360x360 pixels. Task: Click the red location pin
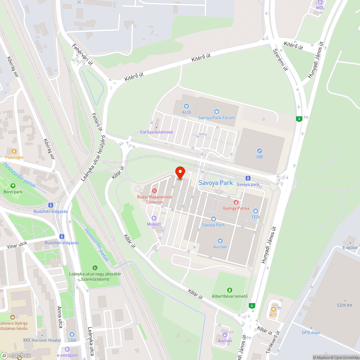tap(180, 172)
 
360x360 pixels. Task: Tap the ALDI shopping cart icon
tap(186, 106)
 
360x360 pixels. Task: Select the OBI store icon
tap(259, 151)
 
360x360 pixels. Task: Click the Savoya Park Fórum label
tap(216, 118)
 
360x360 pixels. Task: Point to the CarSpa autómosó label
tap(157, 132)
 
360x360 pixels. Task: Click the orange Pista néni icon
tap(14, 151)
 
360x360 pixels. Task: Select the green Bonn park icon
tap(13, 186)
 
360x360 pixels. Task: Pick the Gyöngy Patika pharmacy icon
tap(236, 202)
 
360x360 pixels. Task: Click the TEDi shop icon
tap(256, 211)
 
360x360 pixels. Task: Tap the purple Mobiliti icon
tap(154, 218)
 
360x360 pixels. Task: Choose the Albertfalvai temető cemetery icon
tap(230, 290)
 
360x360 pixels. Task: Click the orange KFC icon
tap(274, 309)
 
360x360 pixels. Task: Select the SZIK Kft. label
tap(345, 305)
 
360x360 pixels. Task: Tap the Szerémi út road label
tap(281, 60)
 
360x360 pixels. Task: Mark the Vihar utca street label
tap(17, 247)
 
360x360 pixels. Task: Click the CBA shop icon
tap(72, 334)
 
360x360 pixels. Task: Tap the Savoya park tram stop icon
tap(248, 178)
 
